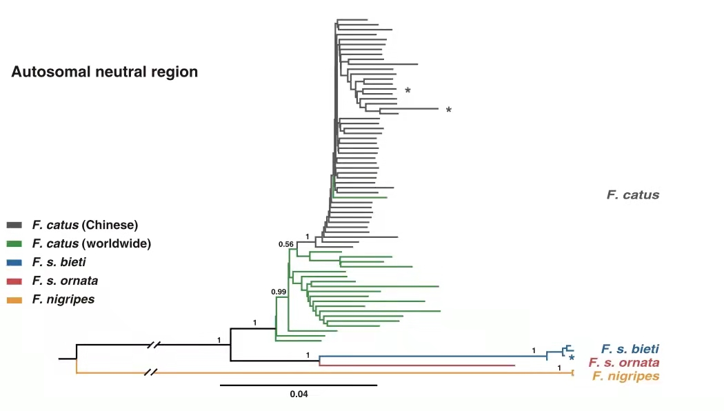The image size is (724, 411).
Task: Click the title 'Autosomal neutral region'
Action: (x=104, y=72)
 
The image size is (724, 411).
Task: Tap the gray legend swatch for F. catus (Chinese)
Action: (x=16, y=225)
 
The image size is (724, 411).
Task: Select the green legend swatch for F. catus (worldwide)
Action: (x=16, y=243)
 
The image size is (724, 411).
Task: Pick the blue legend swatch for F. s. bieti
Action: (x=16, y=262)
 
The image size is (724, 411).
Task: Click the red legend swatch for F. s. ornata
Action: (x=16, y=281)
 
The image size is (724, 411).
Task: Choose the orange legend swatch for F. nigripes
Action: (x=16, y=300)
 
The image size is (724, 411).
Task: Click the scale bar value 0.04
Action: (x=299, y=395)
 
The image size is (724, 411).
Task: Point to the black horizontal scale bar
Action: (x=299, y=385)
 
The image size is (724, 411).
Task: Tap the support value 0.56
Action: (x=285, y=244)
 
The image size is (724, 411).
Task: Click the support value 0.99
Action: (x=279, y=292)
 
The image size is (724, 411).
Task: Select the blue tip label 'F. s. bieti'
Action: (x=630, y=349)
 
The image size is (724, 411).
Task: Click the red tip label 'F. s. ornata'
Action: (x=623, y=363)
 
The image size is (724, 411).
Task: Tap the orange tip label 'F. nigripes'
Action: (x=625, y=377)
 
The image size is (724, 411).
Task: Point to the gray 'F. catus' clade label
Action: (x=632, y=195)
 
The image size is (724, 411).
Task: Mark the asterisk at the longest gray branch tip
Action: (x=448, y=110)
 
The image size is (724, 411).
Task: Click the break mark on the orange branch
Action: (x=150, y=373)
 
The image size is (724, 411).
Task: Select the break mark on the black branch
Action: (x=158, y=344)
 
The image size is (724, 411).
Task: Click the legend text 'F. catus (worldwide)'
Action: (x=91, y=243)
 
